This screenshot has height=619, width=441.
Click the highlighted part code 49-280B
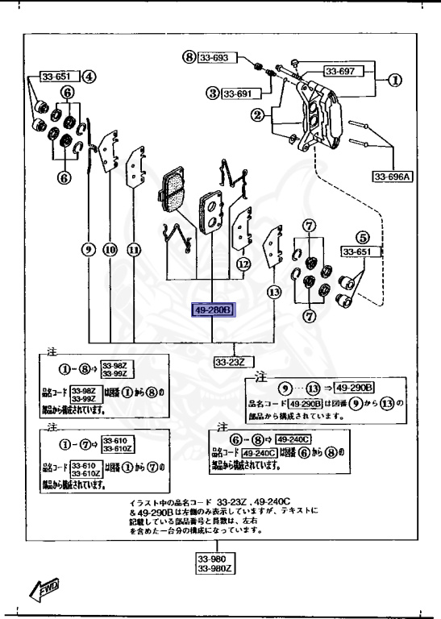(x=212, y=309)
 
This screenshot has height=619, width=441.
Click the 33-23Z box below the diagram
(x=230, y=363)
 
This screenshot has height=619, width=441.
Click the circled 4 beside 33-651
(x=89, y=77)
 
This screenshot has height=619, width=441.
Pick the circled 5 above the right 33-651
(x=363, y=238)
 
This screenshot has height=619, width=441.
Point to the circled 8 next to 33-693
(x=189, y=58)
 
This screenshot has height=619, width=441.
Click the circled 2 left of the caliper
(x=257, y=117)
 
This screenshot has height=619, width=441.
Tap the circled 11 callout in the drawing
(x=134, y=249)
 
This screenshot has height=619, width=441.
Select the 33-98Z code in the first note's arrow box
(x=118, y=368)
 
